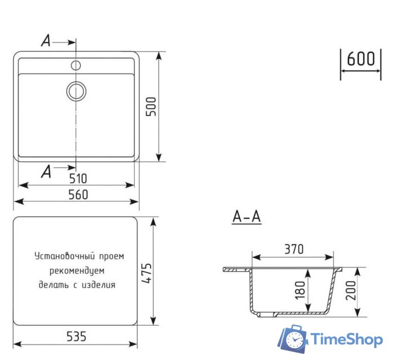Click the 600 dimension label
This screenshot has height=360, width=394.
pyautogui.click(x=361, y=59)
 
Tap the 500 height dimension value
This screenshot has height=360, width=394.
pyautogui.click(x=151, y=105)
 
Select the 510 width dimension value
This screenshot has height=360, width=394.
pyautogui.click(x=78, y=179)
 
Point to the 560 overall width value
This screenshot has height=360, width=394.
pyautogui.click(x=78, y=195)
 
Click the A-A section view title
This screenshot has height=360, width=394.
pyautogui.click(x=247, y=217)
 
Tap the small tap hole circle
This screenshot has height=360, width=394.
pyautogui.click(x=76, y=65)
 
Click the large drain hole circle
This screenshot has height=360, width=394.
pyautogui.click(x=76, y=90)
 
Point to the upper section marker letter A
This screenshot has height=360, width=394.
pyautogui.click(x=46, y=40)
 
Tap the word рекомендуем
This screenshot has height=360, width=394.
pyautogui.click(x=77, y=271)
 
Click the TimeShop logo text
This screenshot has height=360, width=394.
pyautogui.click(x=347, y=340)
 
